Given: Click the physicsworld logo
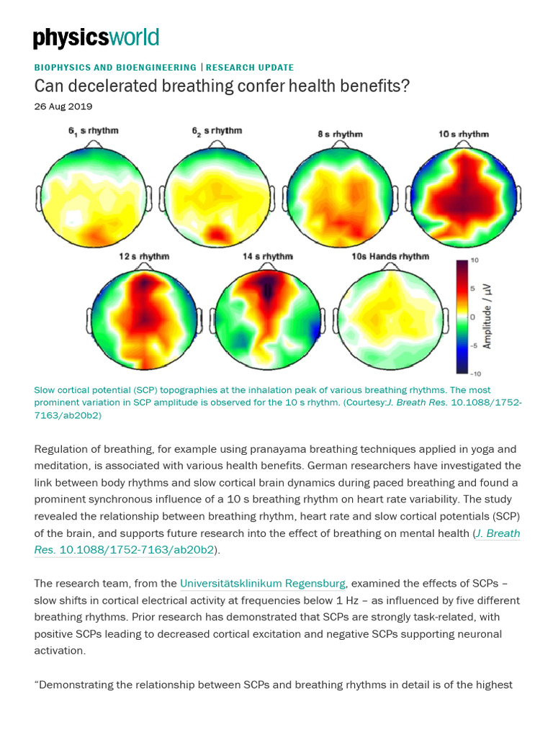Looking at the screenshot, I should (96, 38).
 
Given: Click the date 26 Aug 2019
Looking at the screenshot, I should (63, 107).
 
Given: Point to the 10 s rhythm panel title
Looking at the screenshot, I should (464, 134).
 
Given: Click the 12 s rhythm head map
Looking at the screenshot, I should (144, 317).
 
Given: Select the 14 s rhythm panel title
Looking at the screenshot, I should (267, 256).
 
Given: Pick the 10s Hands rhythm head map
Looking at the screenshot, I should (390, 317).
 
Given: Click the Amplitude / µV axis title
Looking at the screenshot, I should (487, 315).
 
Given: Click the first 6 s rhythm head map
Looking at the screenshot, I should (91, 194).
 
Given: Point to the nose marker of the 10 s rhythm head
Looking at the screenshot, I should (463, 143).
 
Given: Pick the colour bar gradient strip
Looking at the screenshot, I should (461, 317).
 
